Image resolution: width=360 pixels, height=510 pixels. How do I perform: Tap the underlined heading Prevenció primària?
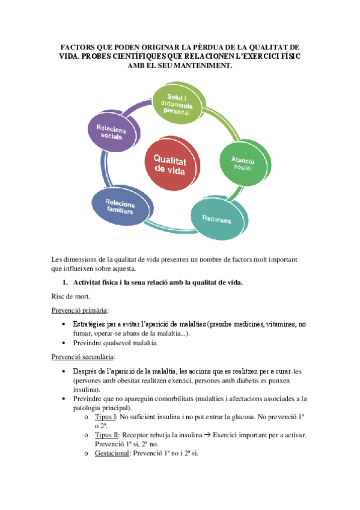79,310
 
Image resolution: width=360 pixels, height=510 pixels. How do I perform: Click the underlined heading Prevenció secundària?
82,356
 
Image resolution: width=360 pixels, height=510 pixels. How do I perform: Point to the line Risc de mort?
71,296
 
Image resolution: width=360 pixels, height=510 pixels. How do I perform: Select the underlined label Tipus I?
106,417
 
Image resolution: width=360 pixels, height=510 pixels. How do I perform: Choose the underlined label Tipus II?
108,435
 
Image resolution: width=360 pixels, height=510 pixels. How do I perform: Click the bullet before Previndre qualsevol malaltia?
64,343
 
